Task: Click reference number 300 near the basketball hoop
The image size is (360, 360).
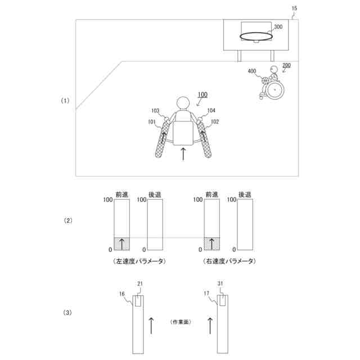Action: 278,26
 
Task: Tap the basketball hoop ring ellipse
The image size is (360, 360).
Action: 256,37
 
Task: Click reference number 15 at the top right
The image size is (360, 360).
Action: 294,8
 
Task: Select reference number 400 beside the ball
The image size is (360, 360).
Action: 251,71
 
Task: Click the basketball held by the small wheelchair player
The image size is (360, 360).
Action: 266,80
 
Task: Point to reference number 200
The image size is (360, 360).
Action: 286,66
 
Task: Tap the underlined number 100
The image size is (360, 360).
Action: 202,94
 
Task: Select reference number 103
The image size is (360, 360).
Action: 155,111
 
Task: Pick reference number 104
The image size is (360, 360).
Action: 211,111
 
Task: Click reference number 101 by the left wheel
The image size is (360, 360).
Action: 152,121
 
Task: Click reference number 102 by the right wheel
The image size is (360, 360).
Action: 214,121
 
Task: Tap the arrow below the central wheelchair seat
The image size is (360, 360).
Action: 183,153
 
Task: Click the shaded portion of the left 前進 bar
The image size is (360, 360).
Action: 121,243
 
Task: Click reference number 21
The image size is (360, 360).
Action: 140,283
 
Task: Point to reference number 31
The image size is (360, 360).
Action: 222,283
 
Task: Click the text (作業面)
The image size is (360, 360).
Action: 181,322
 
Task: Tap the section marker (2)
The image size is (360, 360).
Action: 67,220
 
